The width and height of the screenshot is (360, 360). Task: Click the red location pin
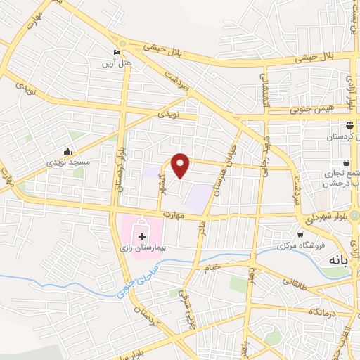[181, 165]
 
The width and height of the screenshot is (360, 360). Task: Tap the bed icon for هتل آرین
[117, 53]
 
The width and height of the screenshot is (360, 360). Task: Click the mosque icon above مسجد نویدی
[67, 151]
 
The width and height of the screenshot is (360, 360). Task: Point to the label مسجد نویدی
[69, 162]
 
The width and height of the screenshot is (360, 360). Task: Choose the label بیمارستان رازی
[143, 248]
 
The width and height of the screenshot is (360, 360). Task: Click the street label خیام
[212, 266]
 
